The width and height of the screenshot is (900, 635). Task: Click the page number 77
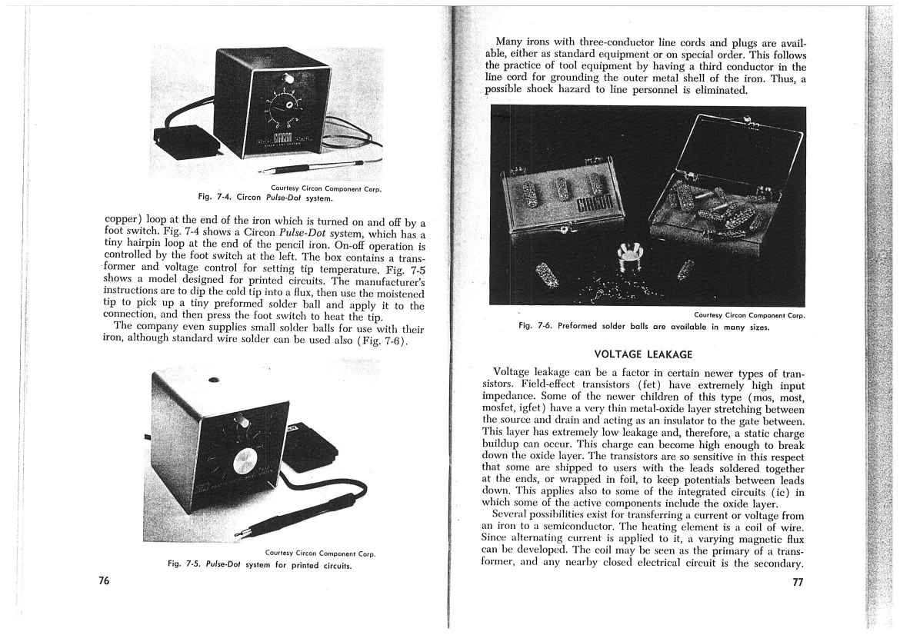point(798,582)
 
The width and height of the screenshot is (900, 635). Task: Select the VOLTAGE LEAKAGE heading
point(644,354)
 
